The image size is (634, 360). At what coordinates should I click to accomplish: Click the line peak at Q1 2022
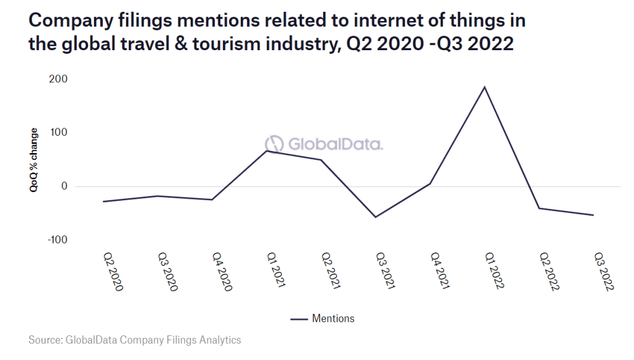click(485, 87)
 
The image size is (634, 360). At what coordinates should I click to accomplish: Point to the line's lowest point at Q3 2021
click(376, 217)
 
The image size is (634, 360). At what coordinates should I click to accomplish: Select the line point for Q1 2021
click(267, 151)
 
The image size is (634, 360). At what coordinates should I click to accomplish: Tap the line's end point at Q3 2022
click(593, 215)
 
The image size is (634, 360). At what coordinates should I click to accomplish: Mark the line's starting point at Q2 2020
click(103, 201)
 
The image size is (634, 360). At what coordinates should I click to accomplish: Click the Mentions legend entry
click(323, 318)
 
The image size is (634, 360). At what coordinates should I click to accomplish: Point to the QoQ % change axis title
click(34, 160)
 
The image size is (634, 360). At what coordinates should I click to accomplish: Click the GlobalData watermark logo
click(320, 144)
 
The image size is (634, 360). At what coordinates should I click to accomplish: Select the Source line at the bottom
click(134, 340)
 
